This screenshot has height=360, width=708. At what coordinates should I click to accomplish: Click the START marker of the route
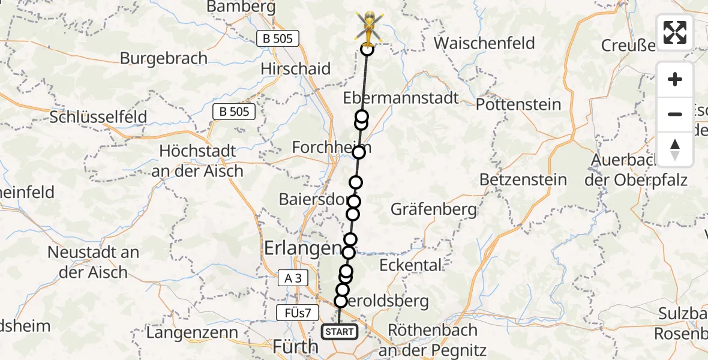coord(340,331)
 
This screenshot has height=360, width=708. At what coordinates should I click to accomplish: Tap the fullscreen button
coord(675,32)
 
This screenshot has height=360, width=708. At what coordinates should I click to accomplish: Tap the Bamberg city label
coord(241,7)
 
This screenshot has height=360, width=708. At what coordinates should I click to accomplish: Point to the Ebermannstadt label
coord(401,98)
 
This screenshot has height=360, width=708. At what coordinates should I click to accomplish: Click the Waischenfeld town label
coord(484,43)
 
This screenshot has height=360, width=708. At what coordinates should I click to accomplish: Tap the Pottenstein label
coord(518,104)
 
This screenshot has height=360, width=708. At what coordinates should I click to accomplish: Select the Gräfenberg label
coord(434,209)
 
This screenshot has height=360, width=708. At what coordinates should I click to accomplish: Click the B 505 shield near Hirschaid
coord(278,39)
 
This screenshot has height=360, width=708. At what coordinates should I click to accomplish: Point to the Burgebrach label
coord(164,58)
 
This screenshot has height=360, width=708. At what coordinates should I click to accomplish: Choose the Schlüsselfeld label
coord(98,117)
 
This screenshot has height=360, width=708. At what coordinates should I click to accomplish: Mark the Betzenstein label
coord(523,179)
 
